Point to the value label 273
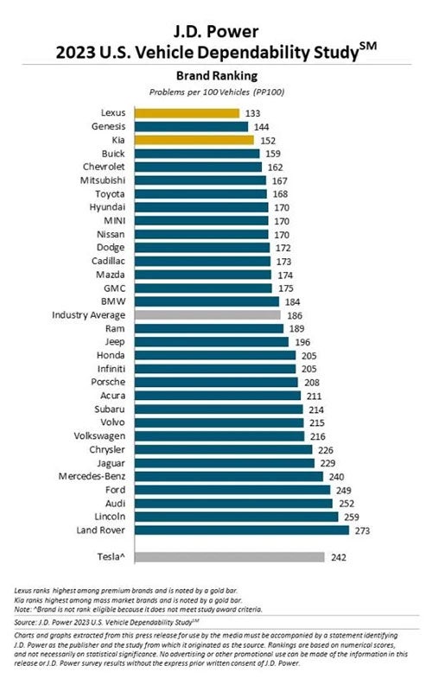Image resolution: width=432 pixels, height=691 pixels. [363, 530]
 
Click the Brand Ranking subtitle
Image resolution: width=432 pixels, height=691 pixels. [216, 76]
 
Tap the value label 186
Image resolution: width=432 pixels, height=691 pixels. [294, 316]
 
